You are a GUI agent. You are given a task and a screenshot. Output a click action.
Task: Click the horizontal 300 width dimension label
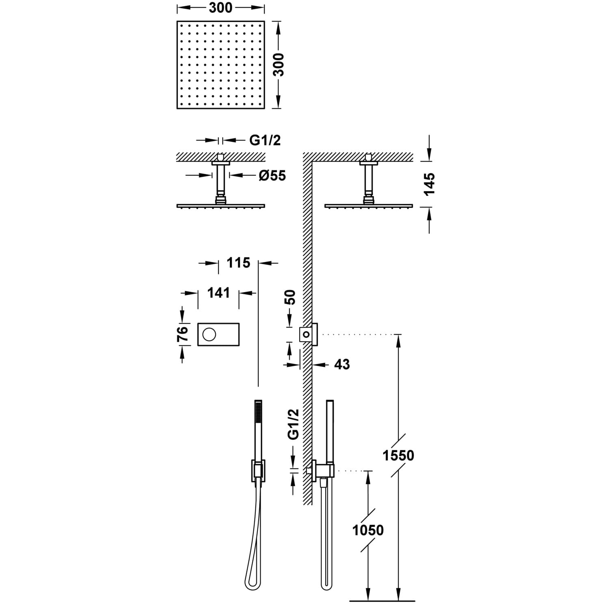click(x=221, y=8)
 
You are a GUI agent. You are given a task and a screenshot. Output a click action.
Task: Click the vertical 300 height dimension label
click(x=278, y=64)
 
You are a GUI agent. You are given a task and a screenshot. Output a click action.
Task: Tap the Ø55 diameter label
click(x=272, y=175)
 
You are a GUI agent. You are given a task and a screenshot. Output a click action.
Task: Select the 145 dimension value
click(x=429, y=184)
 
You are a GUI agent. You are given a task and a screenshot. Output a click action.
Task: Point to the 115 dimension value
click(x=238, y=263)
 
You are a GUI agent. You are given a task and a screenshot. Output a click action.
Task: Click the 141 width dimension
click(x=218, y=293)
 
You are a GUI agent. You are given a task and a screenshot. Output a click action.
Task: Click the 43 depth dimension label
click(x=342, y=365)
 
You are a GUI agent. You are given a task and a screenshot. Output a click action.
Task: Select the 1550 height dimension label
click(x=399, y=456)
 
